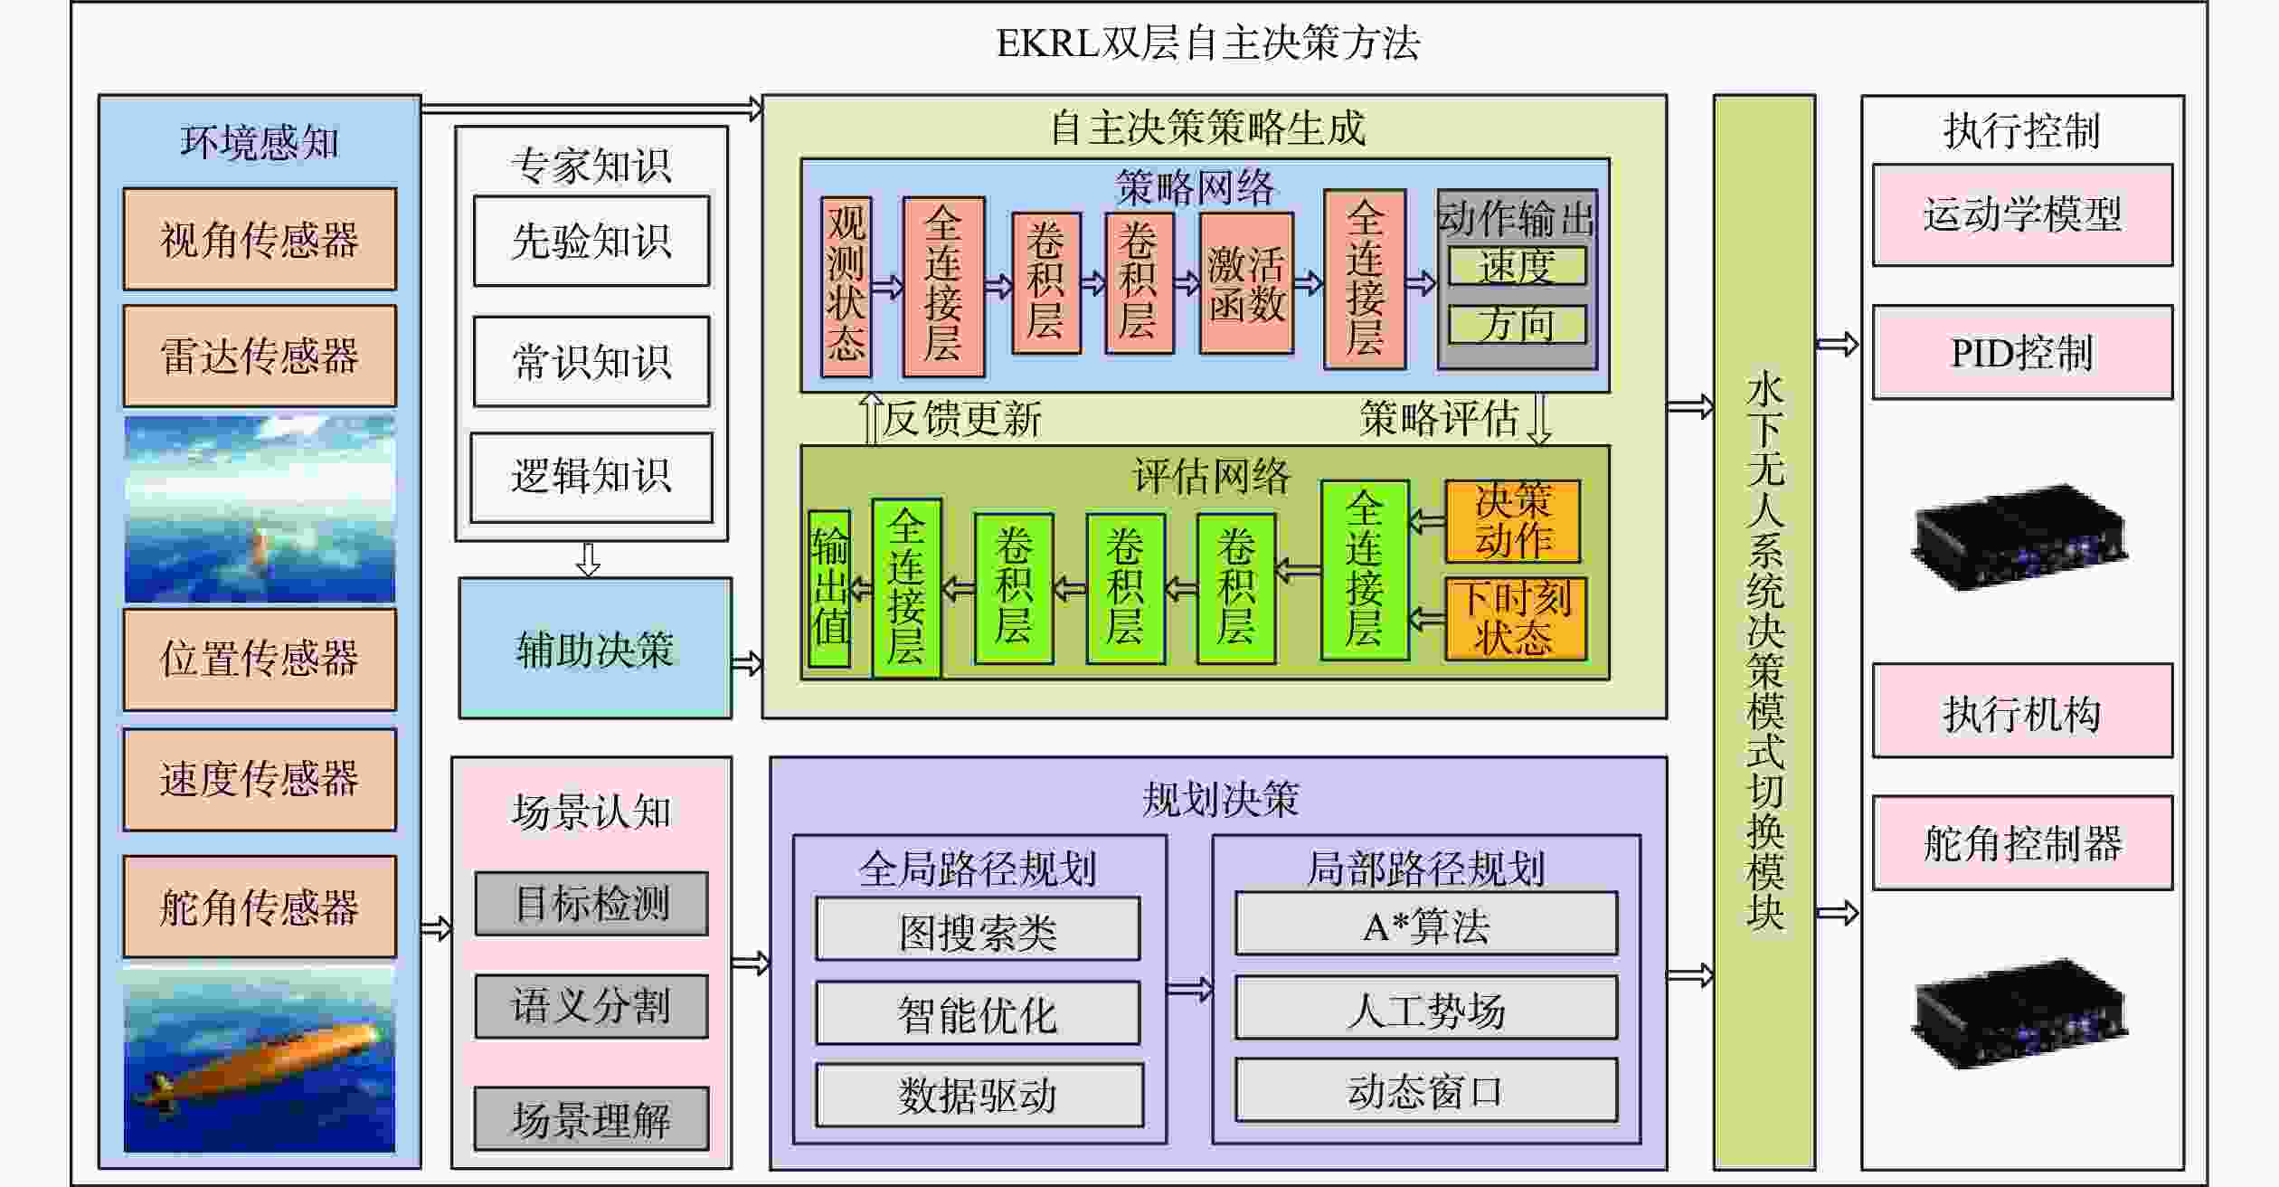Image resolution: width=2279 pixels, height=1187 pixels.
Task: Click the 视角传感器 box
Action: [260, 240]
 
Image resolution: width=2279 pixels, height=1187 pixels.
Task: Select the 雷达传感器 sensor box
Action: [260, 356]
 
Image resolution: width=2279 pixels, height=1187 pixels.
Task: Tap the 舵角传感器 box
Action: [260, 907]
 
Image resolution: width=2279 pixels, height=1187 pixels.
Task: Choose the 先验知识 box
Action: [591, 242]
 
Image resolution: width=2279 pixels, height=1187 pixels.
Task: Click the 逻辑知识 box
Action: [591, 477]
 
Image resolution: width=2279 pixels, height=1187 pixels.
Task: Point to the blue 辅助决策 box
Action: [595, 649]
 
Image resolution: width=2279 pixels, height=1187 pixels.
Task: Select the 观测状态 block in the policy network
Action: [846, 286]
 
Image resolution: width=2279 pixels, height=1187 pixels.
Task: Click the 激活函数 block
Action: [1246, 284]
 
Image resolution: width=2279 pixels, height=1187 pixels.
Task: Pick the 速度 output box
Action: [1517, 266]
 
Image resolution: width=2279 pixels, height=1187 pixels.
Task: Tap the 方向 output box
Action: [1517, 324]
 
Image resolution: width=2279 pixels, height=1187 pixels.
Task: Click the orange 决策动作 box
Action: [1512, 521]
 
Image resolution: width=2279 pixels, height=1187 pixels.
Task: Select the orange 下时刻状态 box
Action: [1515, 619]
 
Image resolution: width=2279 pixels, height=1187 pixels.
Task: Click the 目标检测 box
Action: [591, 904]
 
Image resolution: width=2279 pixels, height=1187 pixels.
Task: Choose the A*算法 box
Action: [1425, 924]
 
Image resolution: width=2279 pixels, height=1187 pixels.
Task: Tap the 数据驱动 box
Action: [979, 1095]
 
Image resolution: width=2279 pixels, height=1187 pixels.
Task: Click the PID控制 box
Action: [2022, 353]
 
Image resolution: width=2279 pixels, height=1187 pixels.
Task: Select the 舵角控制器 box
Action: [2022, 843]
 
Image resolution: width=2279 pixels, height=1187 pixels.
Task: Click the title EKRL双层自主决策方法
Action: [1207, 43]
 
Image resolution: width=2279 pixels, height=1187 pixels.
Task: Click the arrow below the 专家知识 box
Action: [589, 559]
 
